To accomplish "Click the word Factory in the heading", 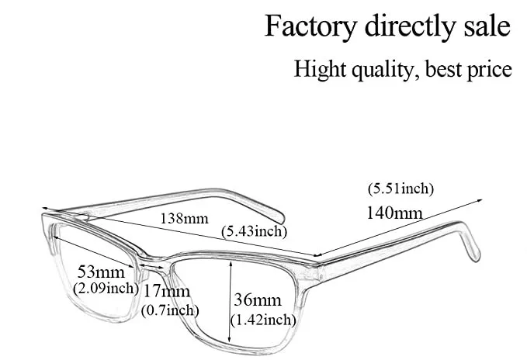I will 309,26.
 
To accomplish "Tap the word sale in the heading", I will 484,26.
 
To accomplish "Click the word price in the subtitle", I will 487,69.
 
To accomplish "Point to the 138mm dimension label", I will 184,218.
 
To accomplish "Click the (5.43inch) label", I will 254,231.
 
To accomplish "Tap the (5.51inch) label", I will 400,189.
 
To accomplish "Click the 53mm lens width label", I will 101,272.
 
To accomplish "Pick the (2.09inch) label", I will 106,289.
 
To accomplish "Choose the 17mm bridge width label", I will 166,292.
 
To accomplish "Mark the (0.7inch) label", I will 170,310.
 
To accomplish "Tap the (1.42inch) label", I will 263,319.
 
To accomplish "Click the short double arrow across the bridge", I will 152,267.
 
